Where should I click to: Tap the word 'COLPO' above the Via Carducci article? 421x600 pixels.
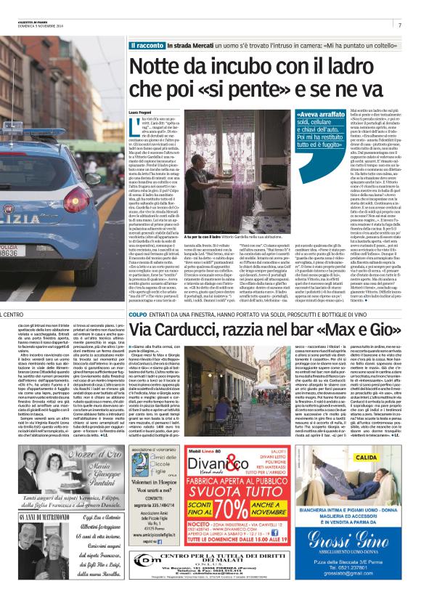[x=138, y=315]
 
